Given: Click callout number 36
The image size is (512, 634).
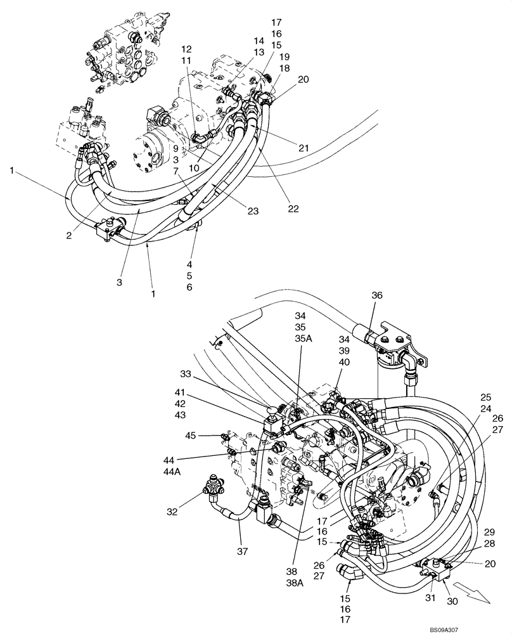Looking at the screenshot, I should point(378,295).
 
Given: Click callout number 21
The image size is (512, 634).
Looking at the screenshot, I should point(304,148).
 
